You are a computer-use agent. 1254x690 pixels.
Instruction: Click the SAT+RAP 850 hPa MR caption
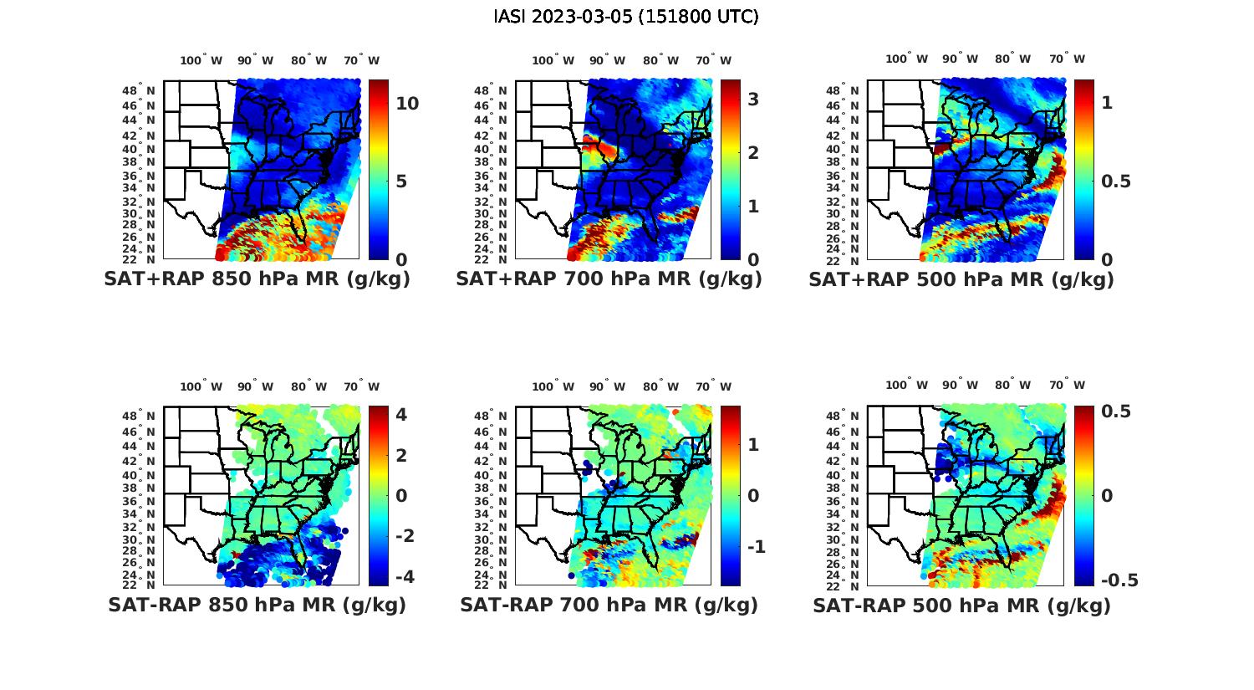[x=257, y=279]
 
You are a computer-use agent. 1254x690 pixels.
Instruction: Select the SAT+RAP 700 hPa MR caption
[x=609, y=279]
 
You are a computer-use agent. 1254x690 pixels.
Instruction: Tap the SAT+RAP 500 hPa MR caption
[x=961, y=279]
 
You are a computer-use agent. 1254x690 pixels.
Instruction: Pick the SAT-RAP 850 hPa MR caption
[x=257, y=605]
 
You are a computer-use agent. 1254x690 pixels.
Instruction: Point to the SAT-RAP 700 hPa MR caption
[x=609, y=605]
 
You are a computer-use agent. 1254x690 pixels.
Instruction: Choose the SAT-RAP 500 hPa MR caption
[x=961, y=605]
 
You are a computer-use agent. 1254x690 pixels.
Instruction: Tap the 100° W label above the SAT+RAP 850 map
[x=201, y=60]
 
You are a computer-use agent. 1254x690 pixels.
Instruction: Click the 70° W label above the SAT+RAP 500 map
[x=1067, y=59]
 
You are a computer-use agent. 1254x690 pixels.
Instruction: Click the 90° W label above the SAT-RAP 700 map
[x=607, y=386]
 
